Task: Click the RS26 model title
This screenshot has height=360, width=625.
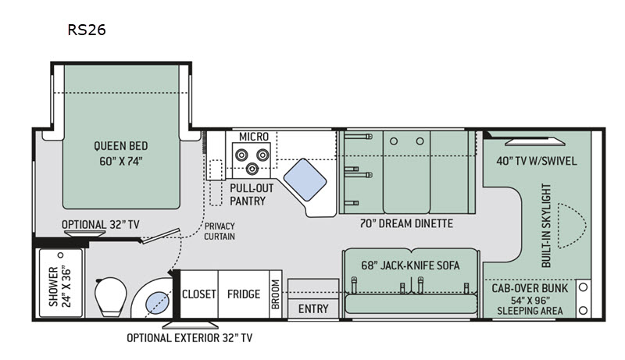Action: pos(87,30)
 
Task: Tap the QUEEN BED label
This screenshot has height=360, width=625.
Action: pos(121,146)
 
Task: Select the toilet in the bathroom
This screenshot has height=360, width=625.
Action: pos(110,296)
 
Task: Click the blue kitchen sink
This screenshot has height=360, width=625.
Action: pos(305,180)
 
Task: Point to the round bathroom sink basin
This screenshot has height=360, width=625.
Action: pos(157,302)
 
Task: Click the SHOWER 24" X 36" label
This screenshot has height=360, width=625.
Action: pos(59,287)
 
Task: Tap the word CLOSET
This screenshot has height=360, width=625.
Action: pos(199,294)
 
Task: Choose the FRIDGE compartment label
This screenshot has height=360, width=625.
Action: pos(244,294)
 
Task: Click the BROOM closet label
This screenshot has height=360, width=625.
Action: pos(276,294)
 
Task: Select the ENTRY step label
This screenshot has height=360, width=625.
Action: pos(313,308)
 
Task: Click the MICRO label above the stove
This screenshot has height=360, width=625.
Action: pos(253,137)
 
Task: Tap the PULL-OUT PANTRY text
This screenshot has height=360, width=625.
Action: pos(252,194)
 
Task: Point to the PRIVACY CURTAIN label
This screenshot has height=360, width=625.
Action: pos(220,231)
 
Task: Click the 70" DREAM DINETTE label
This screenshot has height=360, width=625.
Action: pos(406,223)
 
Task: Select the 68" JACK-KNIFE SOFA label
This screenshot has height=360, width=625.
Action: pos(410,266)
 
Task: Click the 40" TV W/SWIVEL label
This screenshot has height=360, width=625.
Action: pos(537,161)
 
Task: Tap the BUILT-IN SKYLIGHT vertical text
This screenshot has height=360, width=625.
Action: pos(546,226)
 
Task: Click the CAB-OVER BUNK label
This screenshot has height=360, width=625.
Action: pos(530,288)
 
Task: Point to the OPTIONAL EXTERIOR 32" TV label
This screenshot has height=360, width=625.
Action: pos(189,337)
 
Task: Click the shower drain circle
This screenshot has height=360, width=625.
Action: pos(61,255)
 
